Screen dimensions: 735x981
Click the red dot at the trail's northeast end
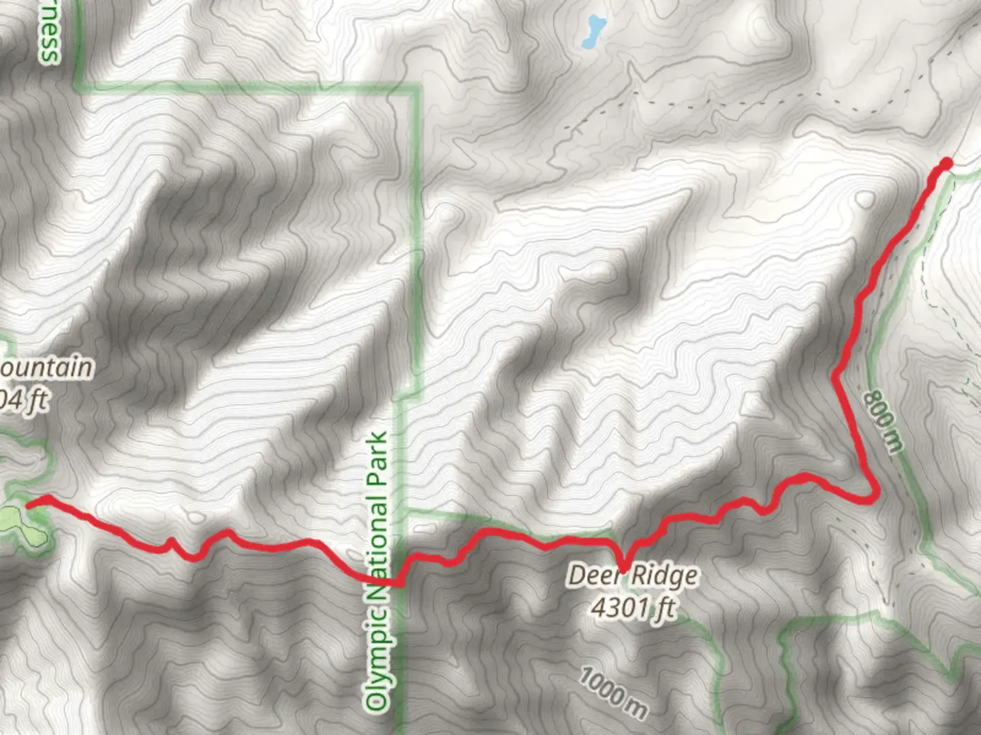(x=946, y=163)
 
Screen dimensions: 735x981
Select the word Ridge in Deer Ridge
(x=665, y=576)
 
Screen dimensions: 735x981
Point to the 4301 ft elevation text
(x=633, y=606)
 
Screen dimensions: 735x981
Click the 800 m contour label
(x=884, y=420)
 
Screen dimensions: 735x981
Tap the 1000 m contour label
(x=613, y=693)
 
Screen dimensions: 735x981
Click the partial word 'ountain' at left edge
(x=46, y=367)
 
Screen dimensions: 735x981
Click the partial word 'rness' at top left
(x=49, y=34)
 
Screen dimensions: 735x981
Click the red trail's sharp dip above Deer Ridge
(x=623, y=566)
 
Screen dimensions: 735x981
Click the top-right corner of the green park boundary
(x=417, y=87)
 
